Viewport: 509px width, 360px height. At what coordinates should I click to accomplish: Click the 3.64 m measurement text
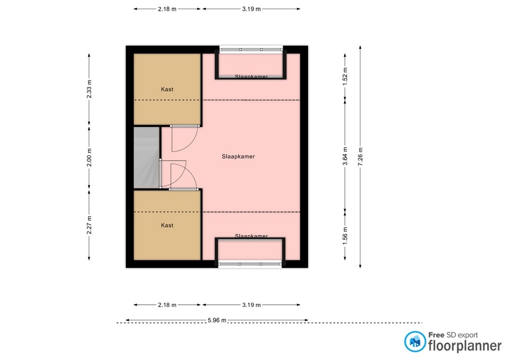(345, 156)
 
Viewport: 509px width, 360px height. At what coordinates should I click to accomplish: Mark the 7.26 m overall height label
(360, 156)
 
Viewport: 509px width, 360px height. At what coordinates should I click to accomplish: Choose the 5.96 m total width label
(217, 320)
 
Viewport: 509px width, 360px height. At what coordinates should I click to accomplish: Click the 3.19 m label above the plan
(251, 9)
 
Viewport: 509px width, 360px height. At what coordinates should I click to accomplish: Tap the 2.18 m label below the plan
(167, 305)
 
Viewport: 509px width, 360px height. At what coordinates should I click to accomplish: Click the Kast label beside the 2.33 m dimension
(167, 90)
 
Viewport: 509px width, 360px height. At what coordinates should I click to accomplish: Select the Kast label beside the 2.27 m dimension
(167, 225)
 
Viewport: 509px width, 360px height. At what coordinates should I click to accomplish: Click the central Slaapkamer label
(238, 157)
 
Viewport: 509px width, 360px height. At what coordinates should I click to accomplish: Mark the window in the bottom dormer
(250, 264)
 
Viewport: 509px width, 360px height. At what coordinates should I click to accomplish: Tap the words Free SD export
(453, 335)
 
